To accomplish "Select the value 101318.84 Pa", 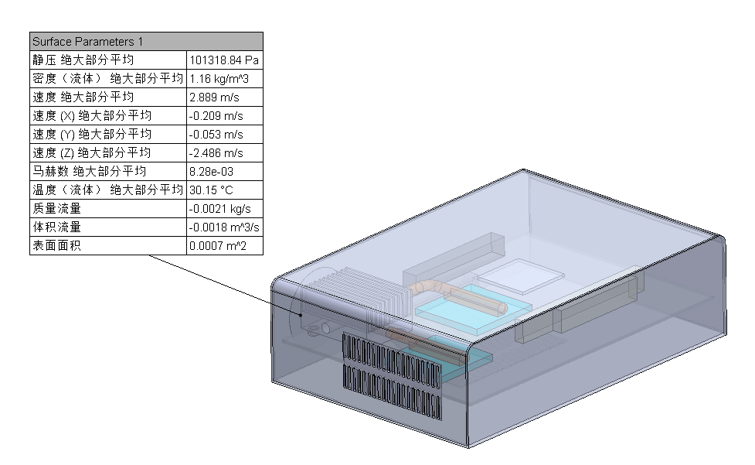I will point(224,60).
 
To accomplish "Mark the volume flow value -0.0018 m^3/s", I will point(224,227).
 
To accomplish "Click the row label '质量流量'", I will point(56,208).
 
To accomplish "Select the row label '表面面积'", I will point(56,246).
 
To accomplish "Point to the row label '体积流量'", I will point(56,227).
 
